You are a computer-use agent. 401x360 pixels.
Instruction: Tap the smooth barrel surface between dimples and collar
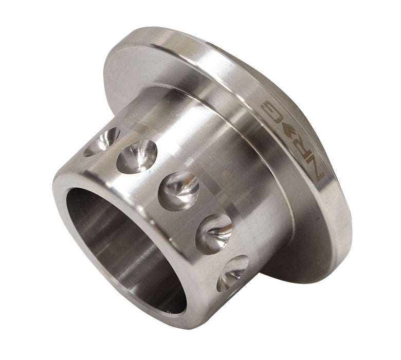point(226,180)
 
